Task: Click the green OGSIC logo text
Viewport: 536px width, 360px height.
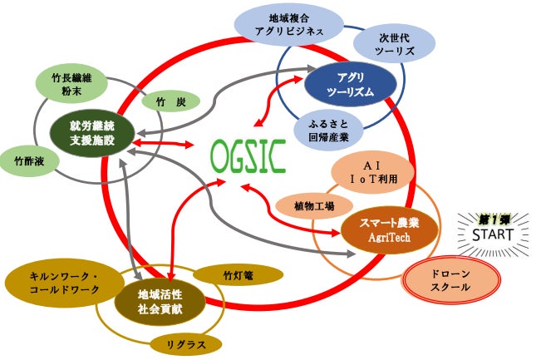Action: pos(248,155)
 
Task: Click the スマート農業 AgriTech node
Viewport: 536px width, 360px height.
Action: pos(390,229)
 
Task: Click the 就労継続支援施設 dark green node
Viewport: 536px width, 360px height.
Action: pos(91,133)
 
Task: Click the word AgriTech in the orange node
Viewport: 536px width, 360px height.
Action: pos(389,237)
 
